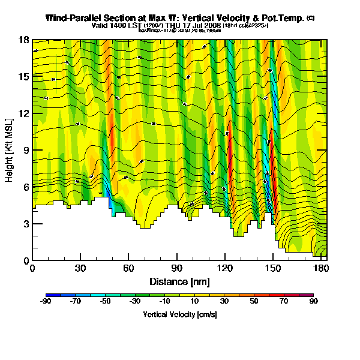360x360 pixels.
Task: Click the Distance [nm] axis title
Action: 178,281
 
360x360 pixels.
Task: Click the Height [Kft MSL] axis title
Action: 10,150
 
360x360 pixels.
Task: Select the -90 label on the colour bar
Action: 46,302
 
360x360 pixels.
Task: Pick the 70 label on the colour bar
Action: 283,302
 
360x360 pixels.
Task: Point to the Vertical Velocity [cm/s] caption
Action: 179,314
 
